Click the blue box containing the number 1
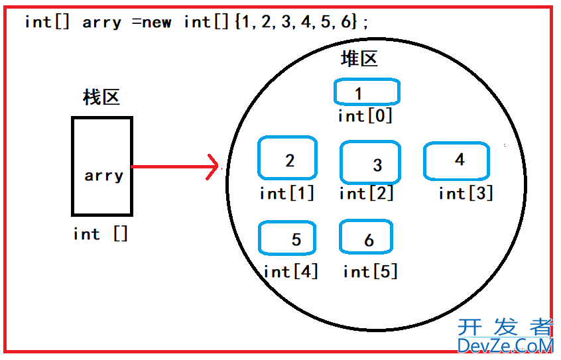367,92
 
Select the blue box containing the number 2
287,158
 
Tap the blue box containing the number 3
371,162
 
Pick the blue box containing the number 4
456,161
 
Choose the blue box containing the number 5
287,239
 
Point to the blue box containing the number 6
366,237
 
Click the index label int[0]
365,116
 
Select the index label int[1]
286,194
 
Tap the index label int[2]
366,194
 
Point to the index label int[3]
466,194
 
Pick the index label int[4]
290,271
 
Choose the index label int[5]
370,271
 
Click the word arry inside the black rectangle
103,176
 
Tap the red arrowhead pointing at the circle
213,167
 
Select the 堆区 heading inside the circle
359,59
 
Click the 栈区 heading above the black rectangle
101,97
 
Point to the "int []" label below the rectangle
100,234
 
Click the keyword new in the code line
156,22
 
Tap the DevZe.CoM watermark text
505,345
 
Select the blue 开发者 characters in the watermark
505,327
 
